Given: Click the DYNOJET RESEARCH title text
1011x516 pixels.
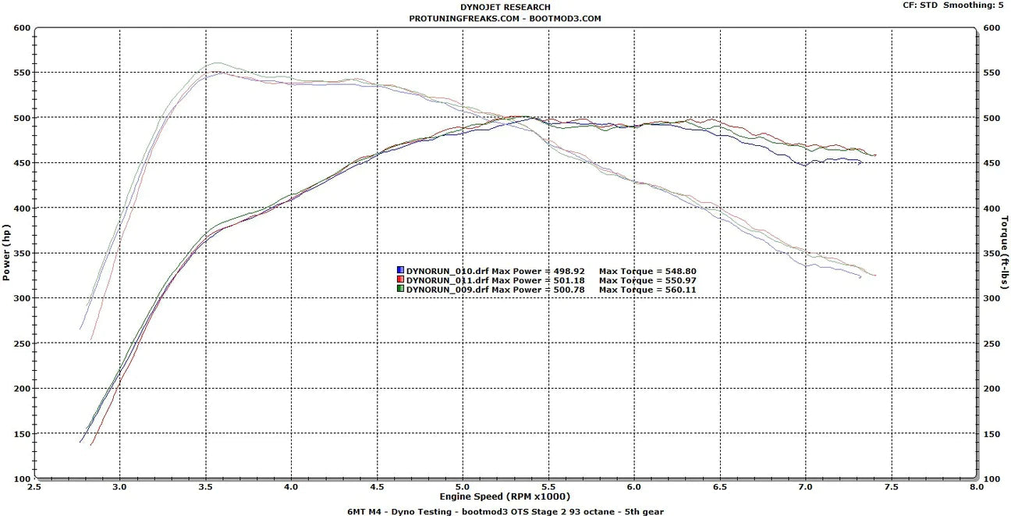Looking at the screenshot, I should [505, 8].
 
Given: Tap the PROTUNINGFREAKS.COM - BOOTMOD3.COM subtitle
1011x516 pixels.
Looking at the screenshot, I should [505, 18].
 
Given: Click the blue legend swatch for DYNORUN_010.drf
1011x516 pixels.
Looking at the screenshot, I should [400, 272].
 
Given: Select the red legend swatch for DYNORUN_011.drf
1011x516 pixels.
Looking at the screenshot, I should [400, 280].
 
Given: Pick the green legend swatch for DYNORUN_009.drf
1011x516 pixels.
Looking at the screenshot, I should [400, 289].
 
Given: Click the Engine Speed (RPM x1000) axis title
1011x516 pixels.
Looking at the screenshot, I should [505, 496].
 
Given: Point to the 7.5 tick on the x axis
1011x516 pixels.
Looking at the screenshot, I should [890, 486].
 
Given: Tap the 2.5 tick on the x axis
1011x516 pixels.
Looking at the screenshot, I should [34, 486].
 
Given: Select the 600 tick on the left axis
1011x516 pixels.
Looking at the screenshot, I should [21, 28].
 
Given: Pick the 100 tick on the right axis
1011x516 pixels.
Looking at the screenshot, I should [991, 478].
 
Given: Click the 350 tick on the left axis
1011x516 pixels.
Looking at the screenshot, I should [21, 254].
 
